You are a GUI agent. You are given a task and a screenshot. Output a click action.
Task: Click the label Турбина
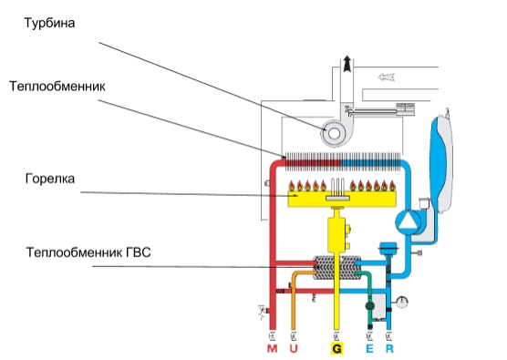pyautogui.click(x=49, y=24)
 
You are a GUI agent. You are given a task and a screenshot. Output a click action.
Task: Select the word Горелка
pyautogui.click(x=50, y=179)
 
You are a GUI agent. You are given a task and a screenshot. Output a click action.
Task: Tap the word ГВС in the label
pyautogui.click(x=138, y=252)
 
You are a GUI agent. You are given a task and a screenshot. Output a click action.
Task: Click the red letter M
pyautogui.click(x=273, y=349)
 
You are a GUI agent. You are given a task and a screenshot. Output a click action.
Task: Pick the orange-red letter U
pyautogui.click(x=294, y=349)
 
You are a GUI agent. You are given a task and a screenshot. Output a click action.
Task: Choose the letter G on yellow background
pyautogui.click(x=336, y=349)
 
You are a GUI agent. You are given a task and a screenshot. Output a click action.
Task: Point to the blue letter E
pyautogui.click(x=369, y=349)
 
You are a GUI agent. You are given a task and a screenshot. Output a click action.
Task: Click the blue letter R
pyautogui.click(x=389, y=349)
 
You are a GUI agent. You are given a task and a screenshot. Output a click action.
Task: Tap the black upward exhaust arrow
pyautogui.click(x=347, y=64)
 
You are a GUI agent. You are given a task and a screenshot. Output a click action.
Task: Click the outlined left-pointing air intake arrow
pyautogui.click(x=387, y=77)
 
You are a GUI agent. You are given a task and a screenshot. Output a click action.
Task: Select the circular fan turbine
pyautogui.click(x=334, y=133)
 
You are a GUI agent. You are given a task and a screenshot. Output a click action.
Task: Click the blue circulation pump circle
pyautogui.click(x=408, y=221)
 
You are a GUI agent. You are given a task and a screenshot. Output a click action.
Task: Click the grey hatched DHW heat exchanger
pyautogui.click(x=336, y=268)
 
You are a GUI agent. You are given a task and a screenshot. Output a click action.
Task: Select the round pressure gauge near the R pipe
pyautogui.click(x=402, y=302)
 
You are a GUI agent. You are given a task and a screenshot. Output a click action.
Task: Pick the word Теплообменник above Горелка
pyautogui.click(x=57, y=87)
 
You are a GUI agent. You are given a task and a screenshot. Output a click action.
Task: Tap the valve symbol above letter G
pyautogui.click(x=336, y=336)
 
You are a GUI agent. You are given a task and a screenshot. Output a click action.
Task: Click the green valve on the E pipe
pyautogui.click(x=369, y=305)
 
